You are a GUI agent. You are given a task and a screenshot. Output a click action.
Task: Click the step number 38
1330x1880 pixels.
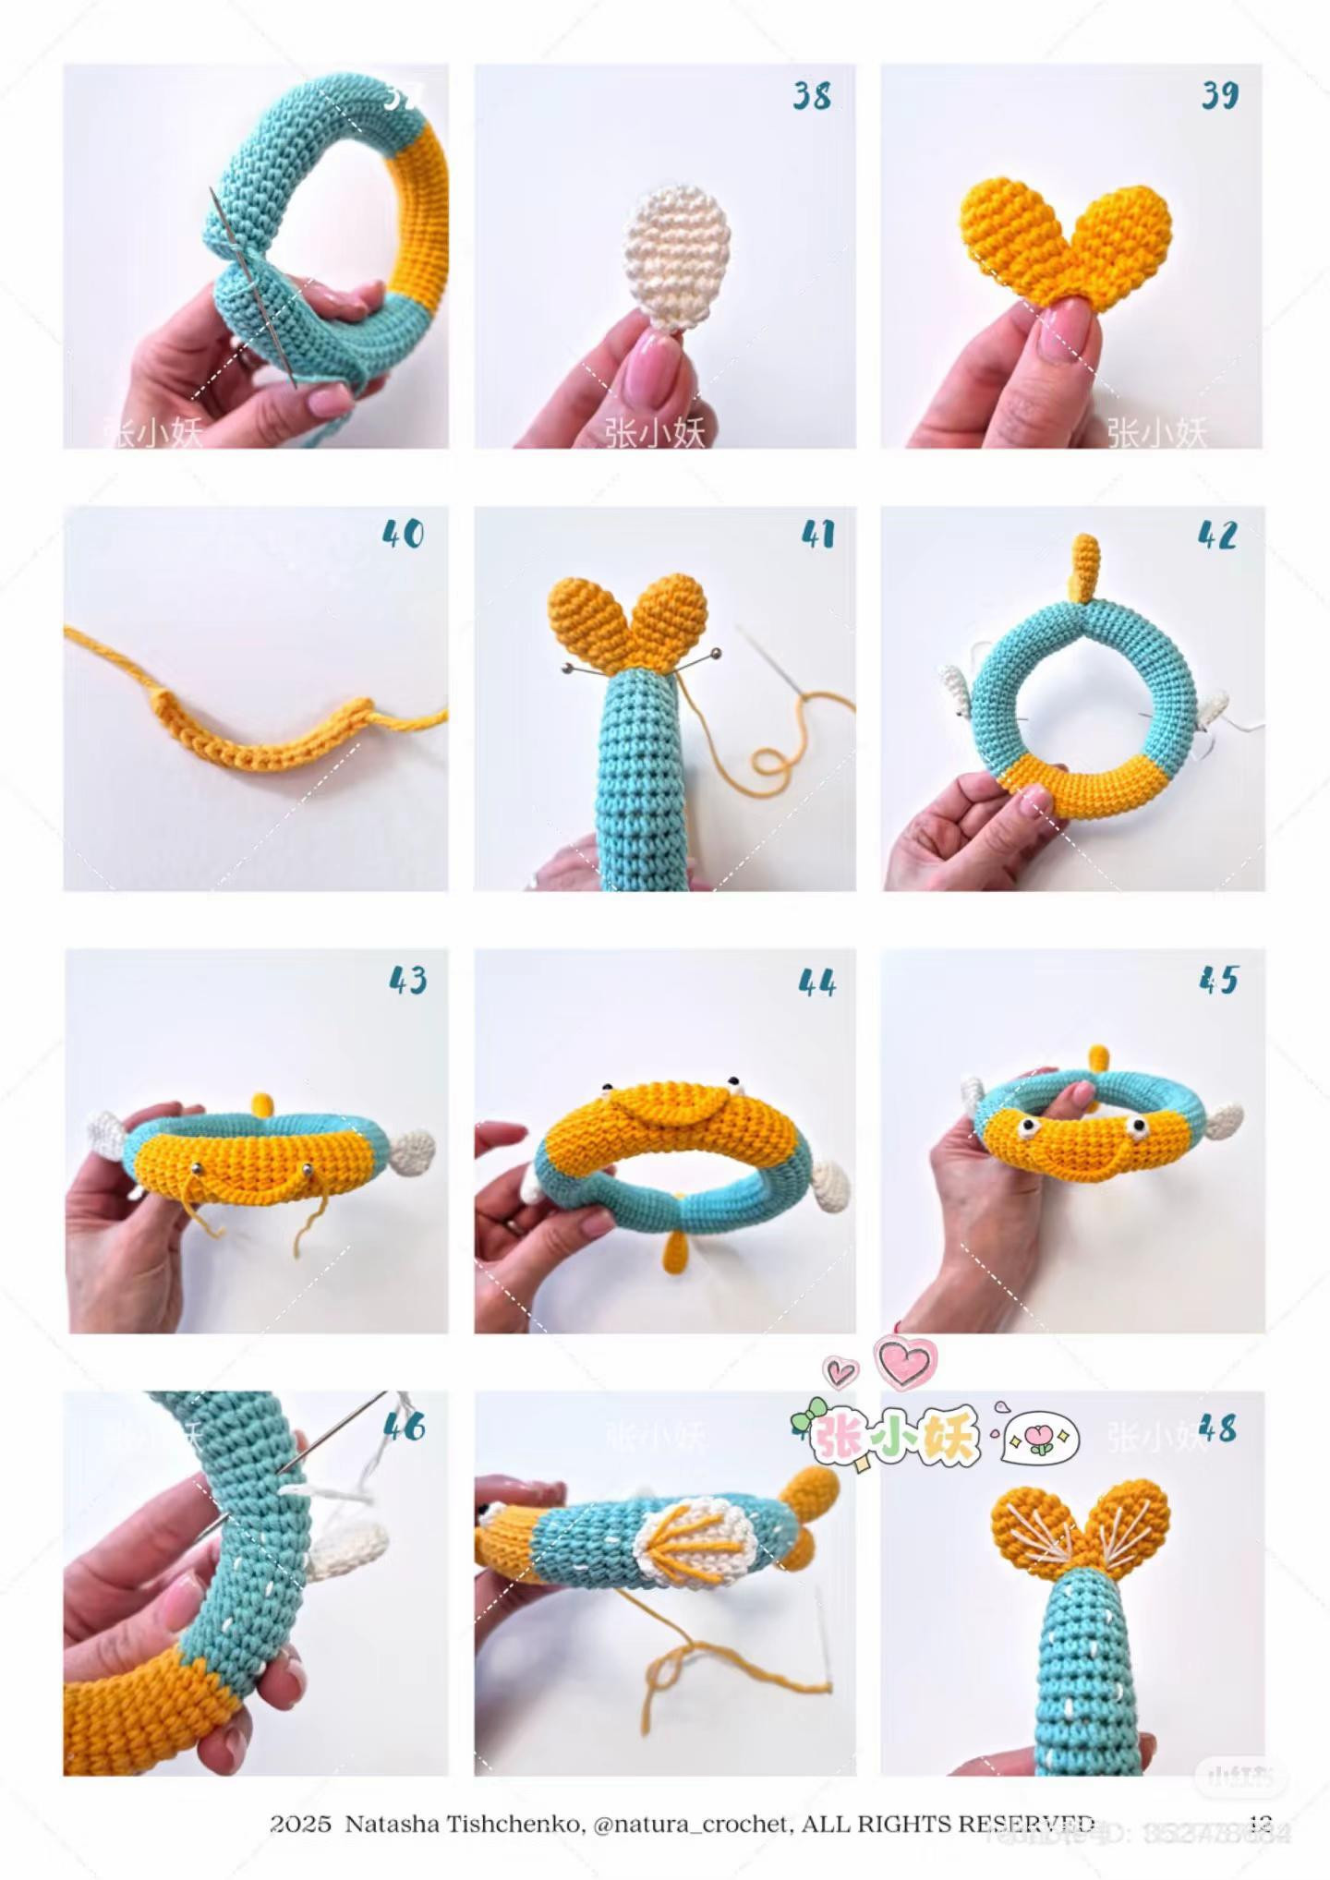(811, 96)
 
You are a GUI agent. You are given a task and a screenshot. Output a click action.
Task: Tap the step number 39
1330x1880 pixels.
(1219, 95)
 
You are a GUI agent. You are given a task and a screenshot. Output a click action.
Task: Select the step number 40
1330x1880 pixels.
(403, 535)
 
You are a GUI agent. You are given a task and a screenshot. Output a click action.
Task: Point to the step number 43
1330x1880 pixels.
(408, 981)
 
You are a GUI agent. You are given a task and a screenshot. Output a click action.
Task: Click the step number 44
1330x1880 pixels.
(816, 982)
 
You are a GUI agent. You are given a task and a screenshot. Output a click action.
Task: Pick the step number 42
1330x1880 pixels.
(1217, 536)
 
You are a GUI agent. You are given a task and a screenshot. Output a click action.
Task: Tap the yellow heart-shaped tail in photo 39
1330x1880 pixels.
(1067, 240)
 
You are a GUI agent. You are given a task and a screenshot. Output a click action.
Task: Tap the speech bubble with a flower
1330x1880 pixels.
(1041, 1438)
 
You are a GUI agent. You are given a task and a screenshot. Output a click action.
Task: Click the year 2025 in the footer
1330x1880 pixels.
(300, 1824)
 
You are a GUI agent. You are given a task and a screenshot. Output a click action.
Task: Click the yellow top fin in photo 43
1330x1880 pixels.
(263, 1103)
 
